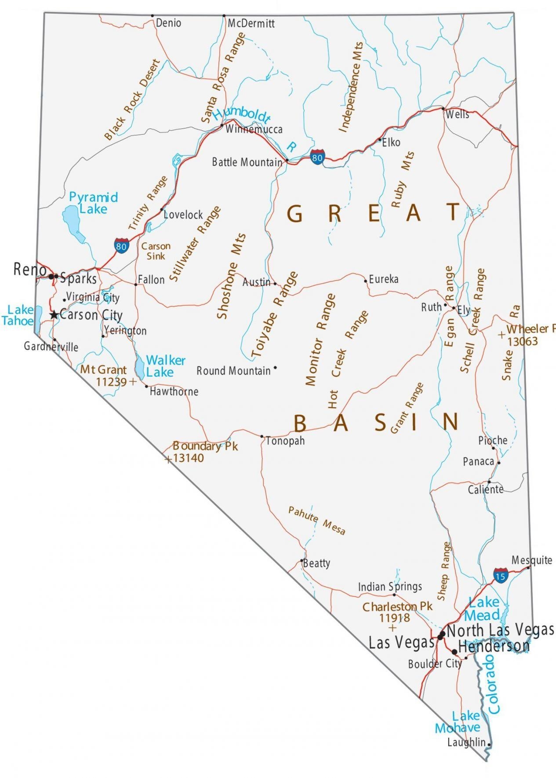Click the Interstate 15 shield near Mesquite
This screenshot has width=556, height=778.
(x=500, y=575)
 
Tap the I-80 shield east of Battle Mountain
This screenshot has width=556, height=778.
(x=317, y=157)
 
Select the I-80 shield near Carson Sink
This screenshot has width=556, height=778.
(x=121, y=246)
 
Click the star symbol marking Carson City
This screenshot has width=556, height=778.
(x=54, y=315)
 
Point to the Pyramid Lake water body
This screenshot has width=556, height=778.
(x=73, y=223)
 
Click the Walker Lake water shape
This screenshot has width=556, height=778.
(x=140, y=367)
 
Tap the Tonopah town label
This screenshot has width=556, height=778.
(x=285, y=441)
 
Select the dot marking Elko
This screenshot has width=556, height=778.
(x=380, y=140)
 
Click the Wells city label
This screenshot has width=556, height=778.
(x=457, y=115)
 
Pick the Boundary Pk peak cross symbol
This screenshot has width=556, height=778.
(x=168, y=460)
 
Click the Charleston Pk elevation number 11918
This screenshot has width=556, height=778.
(x=394, y=617)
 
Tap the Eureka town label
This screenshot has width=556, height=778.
(x=384, y=279)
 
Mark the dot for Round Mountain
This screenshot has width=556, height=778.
(x=275, y=367)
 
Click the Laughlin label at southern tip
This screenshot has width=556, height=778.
(x=466, y=742)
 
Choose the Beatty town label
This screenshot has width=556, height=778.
(x=317, y=563)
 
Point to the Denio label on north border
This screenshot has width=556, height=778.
(x=168, y=23)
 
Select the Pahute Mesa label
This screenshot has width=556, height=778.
(x=316, y=520)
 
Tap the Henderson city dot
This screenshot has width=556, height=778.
(x=454, y=651)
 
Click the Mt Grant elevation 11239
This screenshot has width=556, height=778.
(x=111, y=382)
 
